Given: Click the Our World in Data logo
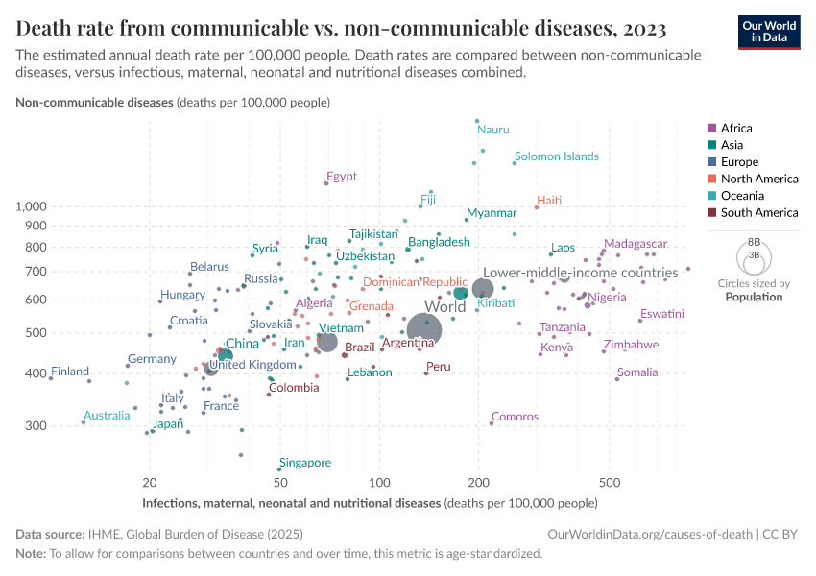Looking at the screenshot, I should click(769, 31).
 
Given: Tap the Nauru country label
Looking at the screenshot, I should click(493, 130).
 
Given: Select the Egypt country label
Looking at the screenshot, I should click(342, 176).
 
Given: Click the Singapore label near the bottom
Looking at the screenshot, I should click(305, 463).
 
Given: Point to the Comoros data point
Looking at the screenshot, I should click(492, 422).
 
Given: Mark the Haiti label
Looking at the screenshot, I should click(549, 201).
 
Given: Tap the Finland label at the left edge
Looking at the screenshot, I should click(70, 372).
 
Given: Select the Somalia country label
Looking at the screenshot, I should click(637, 372).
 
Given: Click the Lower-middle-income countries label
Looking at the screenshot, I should click(580, 273).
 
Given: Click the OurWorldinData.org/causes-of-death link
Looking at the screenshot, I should click(650, 534).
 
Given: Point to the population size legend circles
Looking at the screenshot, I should click(754, 256).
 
